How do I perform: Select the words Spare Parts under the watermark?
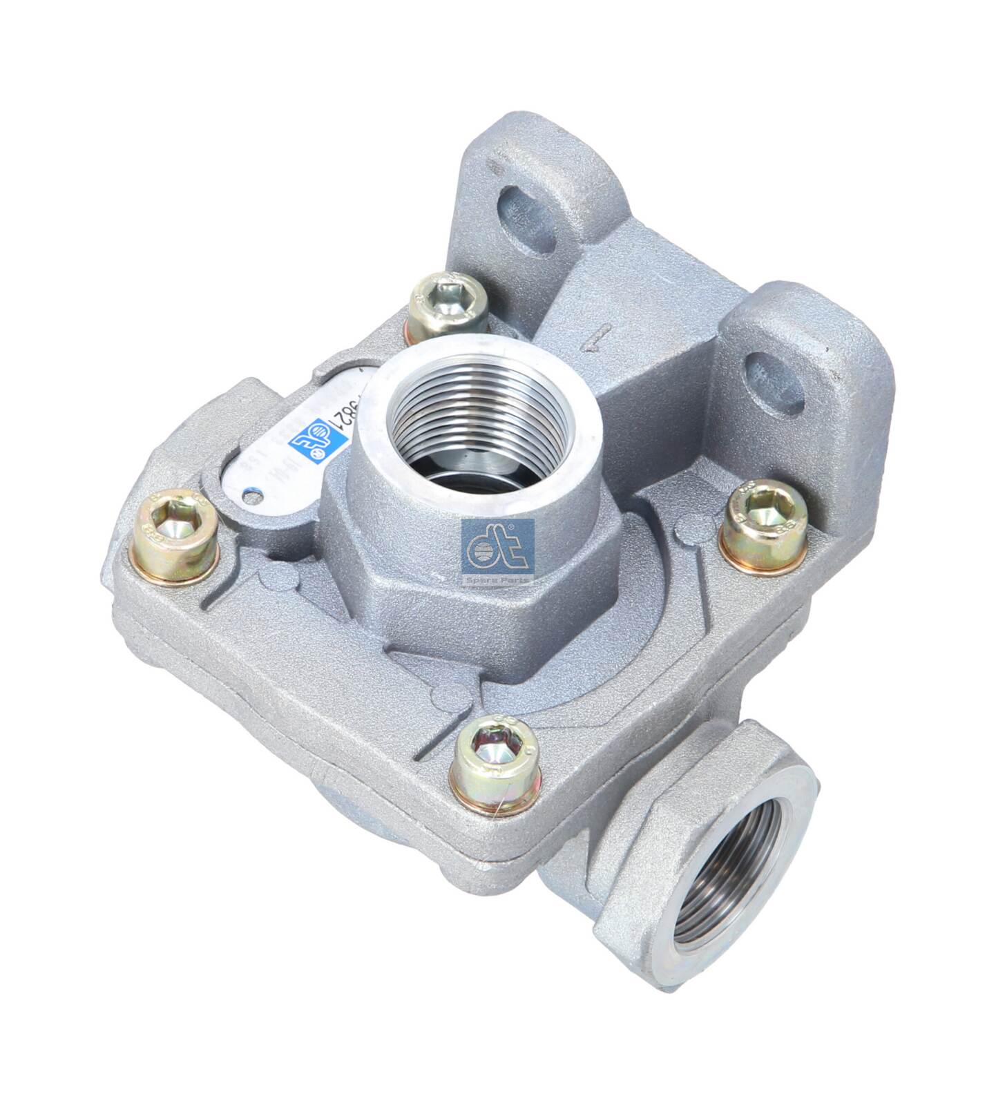[498, 581]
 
